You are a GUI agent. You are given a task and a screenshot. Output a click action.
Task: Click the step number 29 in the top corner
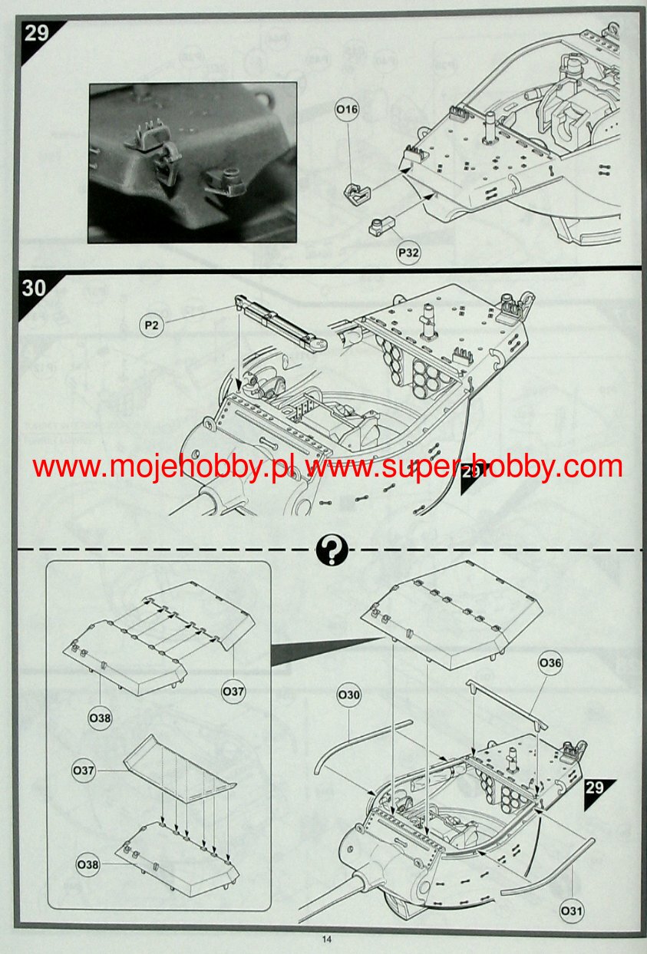pos(36,32)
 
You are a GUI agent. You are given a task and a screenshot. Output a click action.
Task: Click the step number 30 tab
pos(34,289)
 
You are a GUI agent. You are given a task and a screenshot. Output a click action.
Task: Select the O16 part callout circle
pos(347,110)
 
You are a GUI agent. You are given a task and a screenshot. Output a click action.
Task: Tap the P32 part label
pos(408,252)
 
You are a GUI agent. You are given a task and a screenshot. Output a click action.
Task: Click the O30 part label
pos(348,695)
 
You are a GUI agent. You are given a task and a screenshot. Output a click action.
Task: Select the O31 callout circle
pos(570,911)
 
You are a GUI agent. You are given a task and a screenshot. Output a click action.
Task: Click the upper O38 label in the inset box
pos(100,718)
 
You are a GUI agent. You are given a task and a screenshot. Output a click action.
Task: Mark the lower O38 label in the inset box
pos(88,865)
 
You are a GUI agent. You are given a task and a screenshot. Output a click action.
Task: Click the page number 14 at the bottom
pos(326,939)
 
